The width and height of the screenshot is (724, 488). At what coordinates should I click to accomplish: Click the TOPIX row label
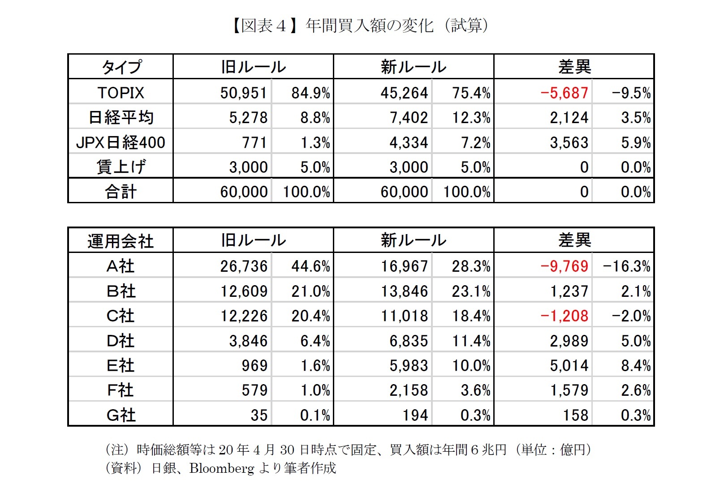121,93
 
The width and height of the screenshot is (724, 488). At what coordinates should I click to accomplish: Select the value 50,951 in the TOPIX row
243,93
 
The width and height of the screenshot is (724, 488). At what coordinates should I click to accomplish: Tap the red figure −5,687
564,93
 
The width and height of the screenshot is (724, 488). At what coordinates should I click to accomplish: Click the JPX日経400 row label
121,142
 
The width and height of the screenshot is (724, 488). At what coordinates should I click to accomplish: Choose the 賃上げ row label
121,167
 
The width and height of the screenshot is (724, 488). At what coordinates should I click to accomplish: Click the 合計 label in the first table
121,192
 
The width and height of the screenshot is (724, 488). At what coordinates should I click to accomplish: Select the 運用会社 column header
121,241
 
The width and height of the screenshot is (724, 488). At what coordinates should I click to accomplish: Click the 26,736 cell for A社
243,266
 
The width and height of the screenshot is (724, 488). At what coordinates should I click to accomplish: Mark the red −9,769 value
564,266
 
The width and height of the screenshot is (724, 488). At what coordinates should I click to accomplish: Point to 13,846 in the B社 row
404,291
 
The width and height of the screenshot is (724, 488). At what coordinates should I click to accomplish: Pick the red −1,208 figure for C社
564,316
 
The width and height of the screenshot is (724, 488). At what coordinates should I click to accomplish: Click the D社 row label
121,341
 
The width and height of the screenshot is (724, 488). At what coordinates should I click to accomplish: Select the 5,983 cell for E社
408,366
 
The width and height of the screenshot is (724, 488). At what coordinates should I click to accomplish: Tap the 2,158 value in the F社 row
408,390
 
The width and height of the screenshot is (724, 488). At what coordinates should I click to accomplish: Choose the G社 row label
121,415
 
